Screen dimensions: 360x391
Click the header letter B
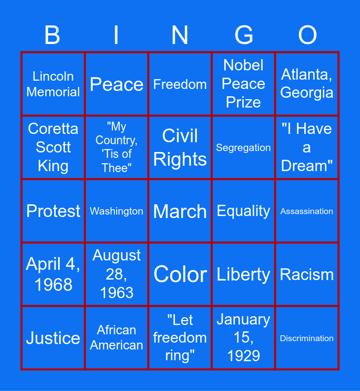pyautogui.click(x=52, y=35)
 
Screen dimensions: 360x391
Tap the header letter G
pyautogui.click(x=244, y=35)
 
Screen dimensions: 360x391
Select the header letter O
pyautogui.click(x=307, y=35)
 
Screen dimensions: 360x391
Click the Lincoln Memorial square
pyautogui.click(x=53, y=84)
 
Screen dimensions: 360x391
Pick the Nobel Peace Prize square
pyautogui.click(x=243, y=84)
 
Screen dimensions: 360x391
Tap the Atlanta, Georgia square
pyautogui.click(x=307, y=84)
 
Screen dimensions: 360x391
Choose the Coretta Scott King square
pyautogui.click(x=53, y=148)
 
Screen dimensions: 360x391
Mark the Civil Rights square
pyautogui.click(x=180, y=148)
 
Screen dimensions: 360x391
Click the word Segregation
pyautogui.click(x=243, y=148)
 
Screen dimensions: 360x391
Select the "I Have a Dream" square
pyautogui.click(x=307, y=148)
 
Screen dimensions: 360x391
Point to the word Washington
pyautogui.click(x=116, y=211)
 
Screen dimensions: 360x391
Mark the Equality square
pyautogui.click(x=243, y=211)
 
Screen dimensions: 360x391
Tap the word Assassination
pyautogui.click(x=307, y=211)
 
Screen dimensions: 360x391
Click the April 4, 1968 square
pyautogui.click(x=53, y=274)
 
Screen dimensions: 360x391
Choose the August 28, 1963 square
pyautogui.click(x=116, y=274)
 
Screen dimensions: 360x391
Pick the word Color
pyautogui.click(x=180, y=274)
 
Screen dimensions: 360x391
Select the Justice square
pyautogui.click(x=53, y=338)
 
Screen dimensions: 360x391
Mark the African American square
pyautogui.click(x=116, y=338)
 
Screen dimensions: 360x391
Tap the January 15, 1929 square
pyautogui.click(x=243, y=338)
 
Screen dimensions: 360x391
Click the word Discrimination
pyautogui.click(x=307, y=338)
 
